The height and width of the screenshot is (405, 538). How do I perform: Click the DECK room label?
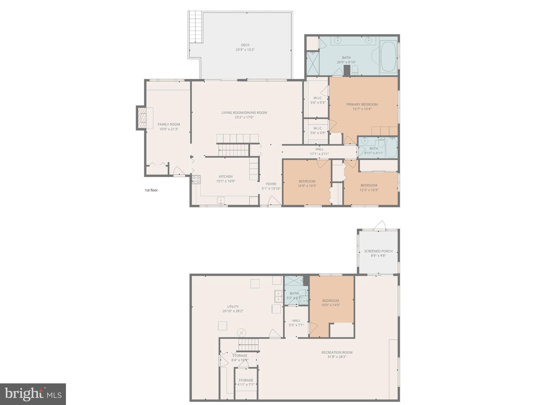point(245,45)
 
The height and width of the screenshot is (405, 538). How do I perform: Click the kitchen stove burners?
point(196,180)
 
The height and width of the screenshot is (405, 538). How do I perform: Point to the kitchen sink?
point(221,200)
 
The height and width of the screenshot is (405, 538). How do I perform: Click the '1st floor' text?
point(151,190)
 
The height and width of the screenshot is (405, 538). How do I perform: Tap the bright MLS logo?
point(33,394)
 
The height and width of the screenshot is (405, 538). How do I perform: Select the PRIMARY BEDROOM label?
point(362,104)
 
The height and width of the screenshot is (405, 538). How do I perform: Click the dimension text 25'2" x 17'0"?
point(244,117)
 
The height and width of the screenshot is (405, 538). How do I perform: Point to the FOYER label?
point(271,184)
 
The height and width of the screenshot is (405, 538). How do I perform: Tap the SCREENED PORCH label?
point(378,251)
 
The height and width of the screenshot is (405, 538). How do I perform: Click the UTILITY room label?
point(233,307)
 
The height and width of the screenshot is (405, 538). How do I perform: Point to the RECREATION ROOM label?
point(337,352)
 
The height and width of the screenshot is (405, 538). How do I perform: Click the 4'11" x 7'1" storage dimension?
point(246,385)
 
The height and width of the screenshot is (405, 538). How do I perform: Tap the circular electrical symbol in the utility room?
point(241,333)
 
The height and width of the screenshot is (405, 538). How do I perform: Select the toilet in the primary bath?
point(355,70)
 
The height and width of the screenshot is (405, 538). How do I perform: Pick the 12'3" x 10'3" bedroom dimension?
point(369,190)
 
